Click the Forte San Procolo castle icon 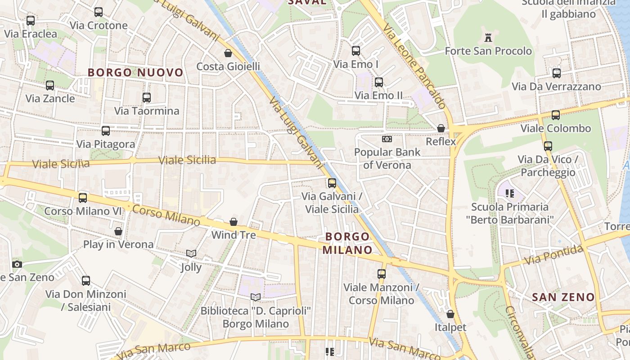(x=488, y=38)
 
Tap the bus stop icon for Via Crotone (x=99, y=12)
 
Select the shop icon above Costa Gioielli (x=228, y=54)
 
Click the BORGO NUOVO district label (x=135, y=72)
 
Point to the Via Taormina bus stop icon (x=146, y=98)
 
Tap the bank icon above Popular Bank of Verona (x=387, y=139)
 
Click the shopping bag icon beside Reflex (x=441, y=129)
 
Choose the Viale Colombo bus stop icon (x=556, y=115)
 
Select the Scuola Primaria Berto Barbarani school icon (x=510, y=193)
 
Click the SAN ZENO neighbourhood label (x=563, y=297)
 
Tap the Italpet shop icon (x=450, y=314)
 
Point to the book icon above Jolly (x=191, y=254)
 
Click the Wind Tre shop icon (x=234, y=222)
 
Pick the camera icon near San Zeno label (x=17, y=264)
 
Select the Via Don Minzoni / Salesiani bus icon (x=86, y=281)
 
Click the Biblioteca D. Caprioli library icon (x=256, y=297)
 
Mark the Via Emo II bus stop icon (x=379, y=82)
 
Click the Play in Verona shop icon (x=118, y=231)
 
